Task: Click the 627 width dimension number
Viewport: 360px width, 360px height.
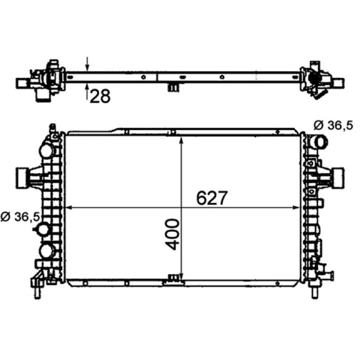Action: [211, 198]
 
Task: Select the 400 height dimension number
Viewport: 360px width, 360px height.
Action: [172, 234]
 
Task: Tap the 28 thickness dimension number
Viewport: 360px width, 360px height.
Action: [100, 96]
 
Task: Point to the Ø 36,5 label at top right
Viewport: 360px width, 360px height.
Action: [333, 126]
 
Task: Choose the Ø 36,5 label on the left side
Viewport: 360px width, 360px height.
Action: [20, 217]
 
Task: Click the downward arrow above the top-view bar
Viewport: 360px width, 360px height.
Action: [87, 64]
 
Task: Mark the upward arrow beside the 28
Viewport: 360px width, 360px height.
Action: [87, 92]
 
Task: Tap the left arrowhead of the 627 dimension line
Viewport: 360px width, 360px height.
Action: [69, 207]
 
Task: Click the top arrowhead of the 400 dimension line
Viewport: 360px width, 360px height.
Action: [182, 140]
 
